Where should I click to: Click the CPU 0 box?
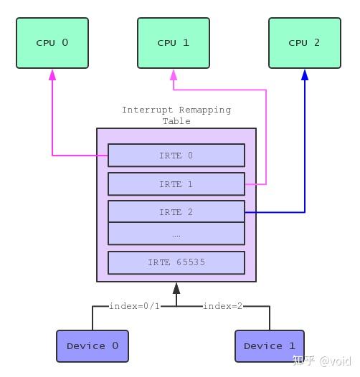(52, 43)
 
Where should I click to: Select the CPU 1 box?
(173, 43)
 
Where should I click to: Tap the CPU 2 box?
(305, 43)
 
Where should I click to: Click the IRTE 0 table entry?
(176, 156)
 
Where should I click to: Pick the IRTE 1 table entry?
(176, 184)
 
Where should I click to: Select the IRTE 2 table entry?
(176, 212)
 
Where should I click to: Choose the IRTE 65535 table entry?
(176, 262)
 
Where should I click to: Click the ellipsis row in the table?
(176, 234)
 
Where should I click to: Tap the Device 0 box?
(92, 346)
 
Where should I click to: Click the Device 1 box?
(269, 346)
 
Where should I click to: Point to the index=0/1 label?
(134, 306)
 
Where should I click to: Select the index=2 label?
(222, 306)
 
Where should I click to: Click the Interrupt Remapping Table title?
(176, 115)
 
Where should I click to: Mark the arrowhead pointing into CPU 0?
(52, 75)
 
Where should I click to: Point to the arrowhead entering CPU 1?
(173, 75)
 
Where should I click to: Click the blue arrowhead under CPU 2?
(305, 75)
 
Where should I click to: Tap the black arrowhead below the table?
(176, 288)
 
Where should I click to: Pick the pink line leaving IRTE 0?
(52, 122)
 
